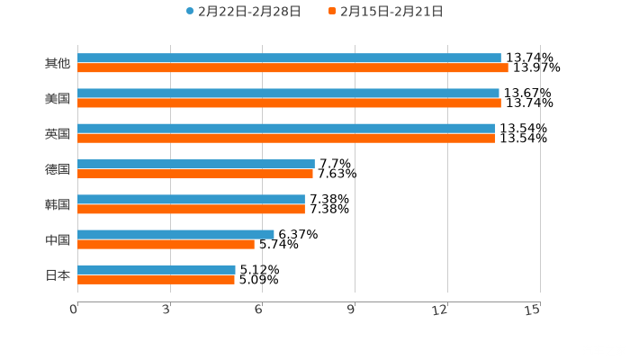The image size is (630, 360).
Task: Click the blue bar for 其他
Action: pyautogui.click(x=289, y=58)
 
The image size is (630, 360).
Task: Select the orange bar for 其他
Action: pyautogui.click(x=292, y=68)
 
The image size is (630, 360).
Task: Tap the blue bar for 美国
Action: pyautogui.click(x=288, y=94)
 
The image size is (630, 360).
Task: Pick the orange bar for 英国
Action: pyautogui.click(x=286, y=139)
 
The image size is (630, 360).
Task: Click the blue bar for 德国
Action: pyautogui.click(x=196, y=164)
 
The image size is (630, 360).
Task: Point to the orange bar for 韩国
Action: pyautogui.click(x=191, y=209)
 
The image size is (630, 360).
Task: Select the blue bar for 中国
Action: pyautogui.click(x=175, y=234)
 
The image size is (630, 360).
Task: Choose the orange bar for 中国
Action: pyautogui.click(x=166, y=244)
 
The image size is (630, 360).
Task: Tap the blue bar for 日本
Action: pyautogui.click(x=157, y=269)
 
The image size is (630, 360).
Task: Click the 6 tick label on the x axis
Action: pyautogui.click(x=258, y=310)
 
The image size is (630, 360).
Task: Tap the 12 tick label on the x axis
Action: pyautogui.click(x=441, y=310)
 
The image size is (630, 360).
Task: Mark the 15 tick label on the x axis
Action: pyautogui.click(x=533, y=310)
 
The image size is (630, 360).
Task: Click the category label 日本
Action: pyautogui.click(x=58, y=274)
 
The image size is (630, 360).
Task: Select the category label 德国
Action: pyautogui.click(x=58, y=169)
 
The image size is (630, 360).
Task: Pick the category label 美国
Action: pyautogui.click(x=58, y=99)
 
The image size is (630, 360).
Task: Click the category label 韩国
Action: pyautogui.click(x=58, y=204)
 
